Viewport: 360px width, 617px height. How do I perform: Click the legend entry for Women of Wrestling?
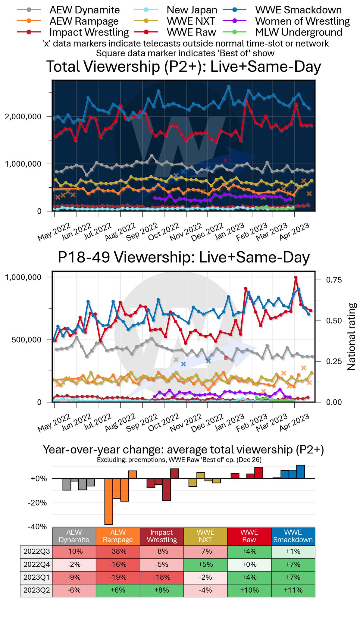302,21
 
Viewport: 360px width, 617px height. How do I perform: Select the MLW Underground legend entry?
299,32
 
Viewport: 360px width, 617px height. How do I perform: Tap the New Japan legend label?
192,10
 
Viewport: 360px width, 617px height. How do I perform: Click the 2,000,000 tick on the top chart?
23,117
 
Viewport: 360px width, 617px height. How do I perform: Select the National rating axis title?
352,337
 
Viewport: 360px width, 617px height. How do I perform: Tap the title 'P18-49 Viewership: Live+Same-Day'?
183,257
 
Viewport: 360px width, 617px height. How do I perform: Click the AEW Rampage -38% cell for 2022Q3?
118,551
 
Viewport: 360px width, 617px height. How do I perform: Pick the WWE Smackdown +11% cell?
293,590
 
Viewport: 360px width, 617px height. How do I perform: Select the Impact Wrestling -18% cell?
161,577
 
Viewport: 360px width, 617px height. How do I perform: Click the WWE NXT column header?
205,536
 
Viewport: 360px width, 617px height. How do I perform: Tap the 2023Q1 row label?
36,577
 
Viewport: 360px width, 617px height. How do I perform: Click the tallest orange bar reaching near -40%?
108,501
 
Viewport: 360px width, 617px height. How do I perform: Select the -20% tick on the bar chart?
37,503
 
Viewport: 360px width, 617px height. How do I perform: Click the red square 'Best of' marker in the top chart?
226,160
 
